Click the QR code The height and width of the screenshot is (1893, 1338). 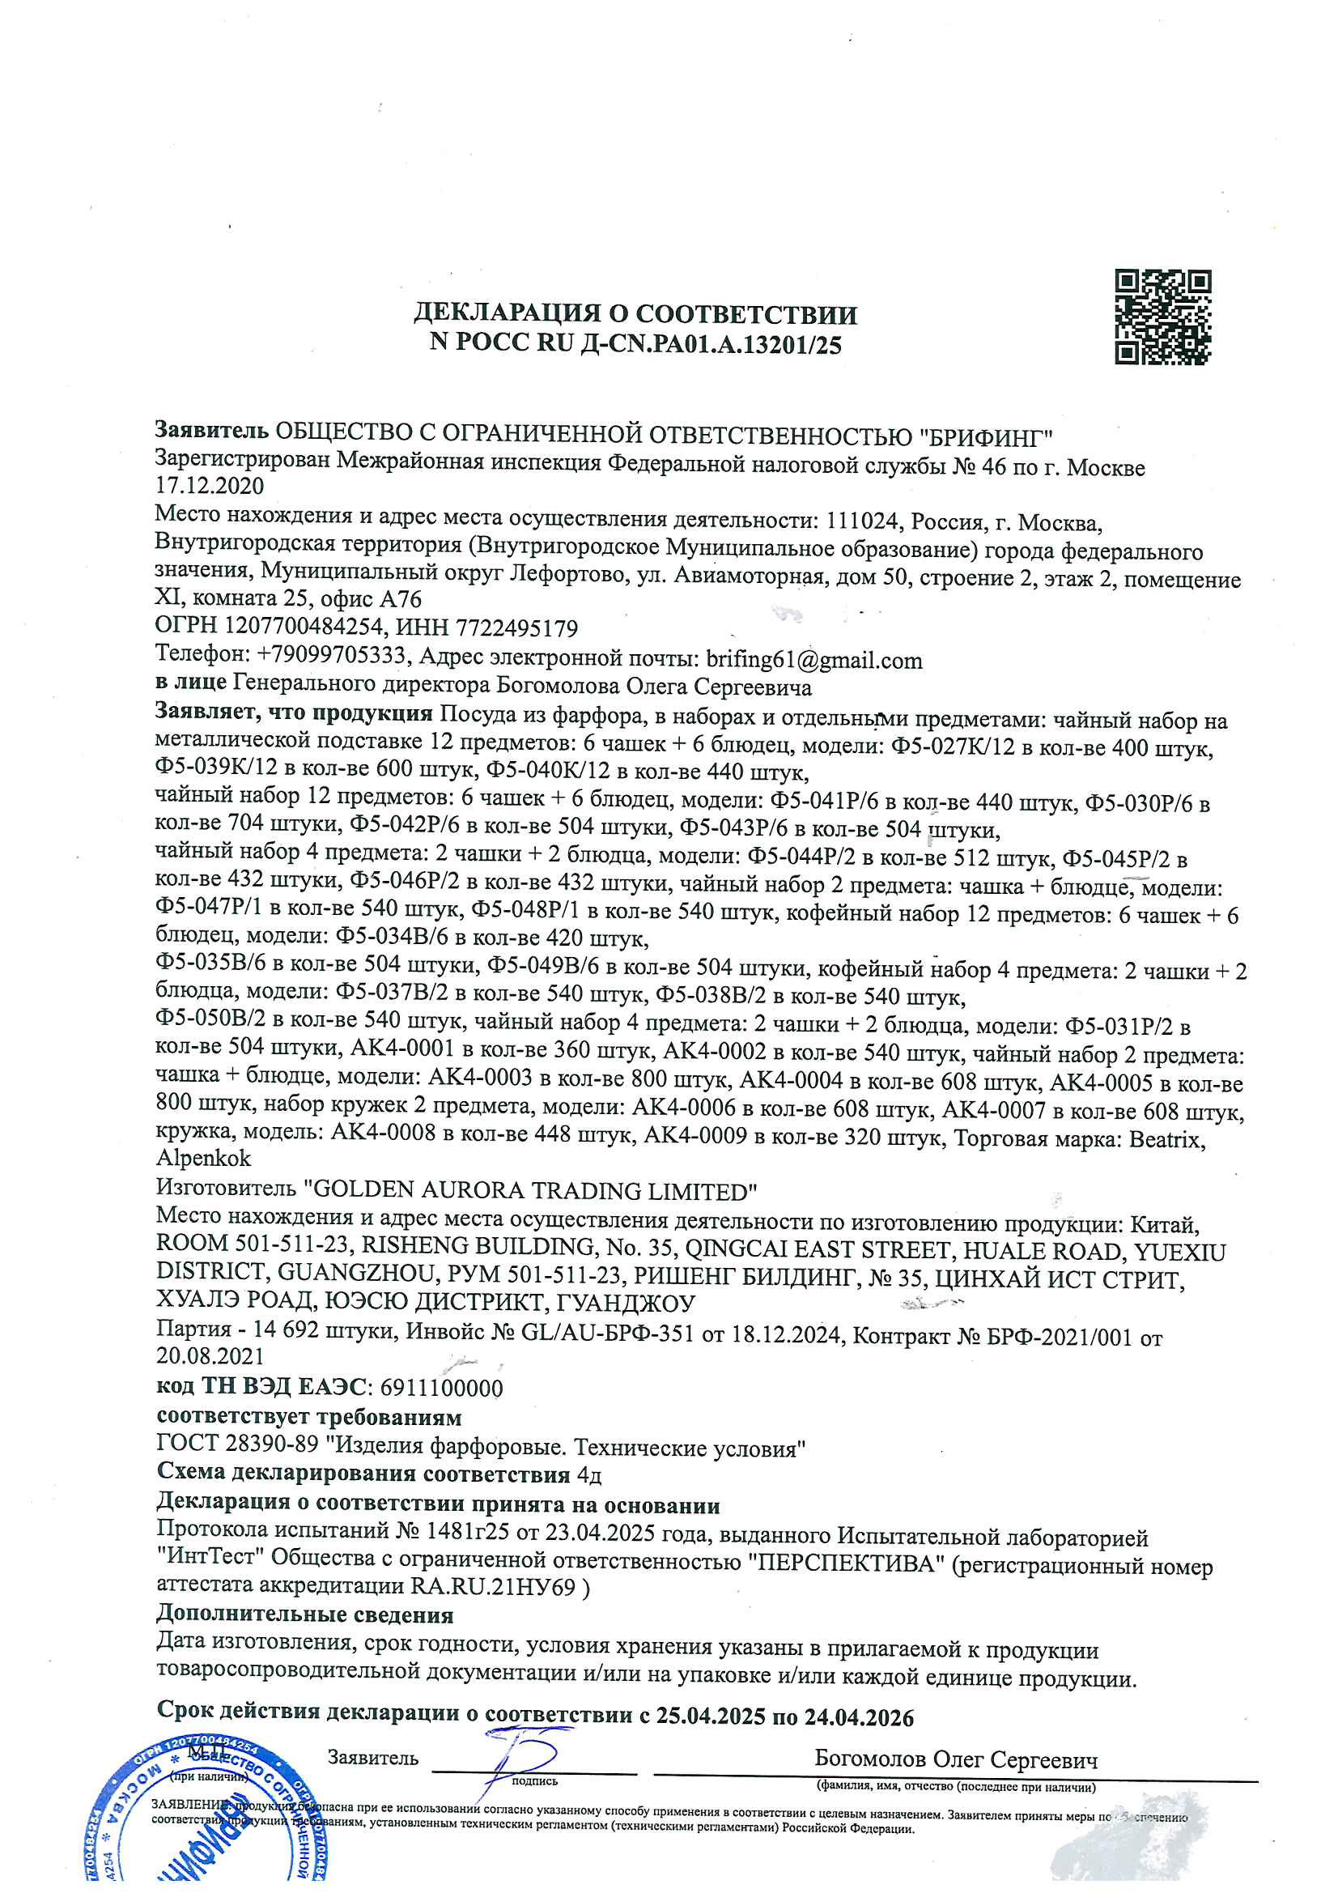1162,317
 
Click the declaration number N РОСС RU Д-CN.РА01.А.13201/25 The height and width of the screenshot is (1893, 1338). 635,343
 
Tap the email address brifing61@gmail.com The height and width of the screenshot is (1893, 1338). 813,660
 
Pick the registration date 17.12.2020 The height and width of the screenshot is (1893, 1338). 210,487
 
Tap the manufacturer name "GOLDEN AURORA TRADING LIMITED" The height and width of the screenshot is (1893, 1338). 530,1190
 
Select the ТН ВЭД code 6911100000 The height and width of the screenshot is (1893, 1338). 441,1388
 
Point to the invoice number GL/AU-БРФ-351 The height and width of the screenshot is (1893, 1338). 608,1334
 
